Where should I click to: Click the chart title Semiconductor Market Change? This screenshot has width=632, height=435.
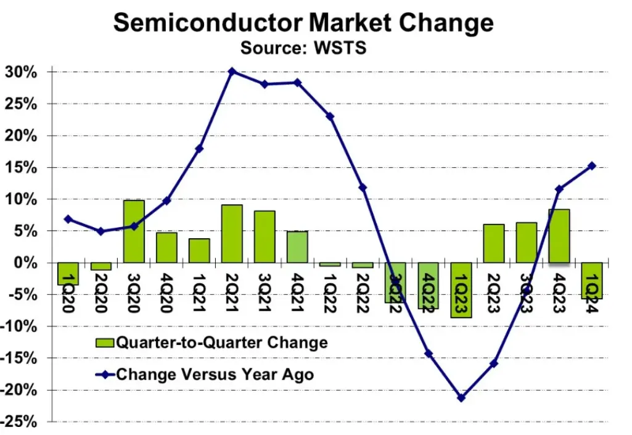pos(303,23)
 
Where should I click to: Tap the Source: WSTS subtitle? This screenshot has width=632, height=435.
pos(303,48)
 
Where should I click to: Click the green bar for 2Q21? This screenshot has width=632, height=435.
pos(232,233)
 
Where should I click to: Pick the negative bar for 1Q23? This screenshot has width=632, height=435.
pos(461,290)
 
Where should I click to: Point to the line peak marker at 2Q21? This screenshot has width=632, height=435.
pos(232,72)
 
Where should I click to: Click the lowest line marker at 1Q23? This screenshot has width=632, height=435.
pos(461,398)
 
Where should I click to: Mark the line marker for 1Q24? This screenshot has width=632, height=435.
pos(591,165)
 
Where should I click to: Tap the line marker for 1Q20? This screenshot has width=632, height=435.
pos(68,219)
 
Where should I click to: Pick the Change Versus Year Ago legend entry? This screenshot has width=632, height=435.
pos(203,374)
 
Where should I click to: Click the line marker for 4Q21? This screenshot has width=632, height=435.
pos(297,82)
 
